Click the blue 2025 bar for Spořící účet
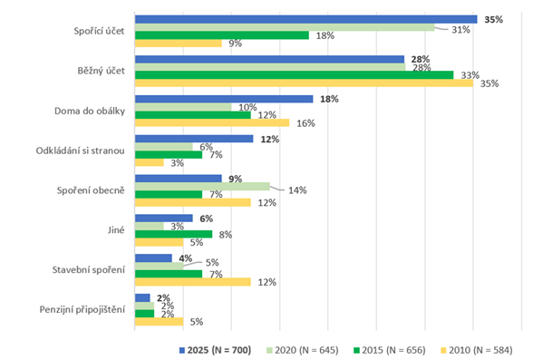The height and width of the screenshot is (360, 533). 305,19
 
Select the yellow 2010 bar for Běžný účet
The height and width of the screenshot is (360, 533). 304,83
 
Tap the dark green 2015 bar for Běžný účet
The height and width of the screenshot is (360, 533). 294,74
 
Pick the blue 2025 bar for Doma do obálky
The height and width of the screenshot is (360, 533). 223,99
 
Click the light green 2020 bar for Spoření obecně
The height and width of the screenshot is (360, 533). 201,186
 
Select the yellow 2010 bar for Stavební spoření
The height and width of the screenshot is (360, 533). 192,281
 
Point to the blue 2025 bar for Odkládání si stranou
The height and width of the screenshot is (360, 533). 193,139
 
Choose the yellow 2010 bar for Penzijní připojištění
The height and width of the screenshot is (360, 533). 159,321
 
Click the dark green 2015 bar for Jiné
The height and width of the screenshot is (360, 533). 173,234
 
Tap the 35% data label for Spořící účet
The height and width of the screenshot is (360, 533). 493,19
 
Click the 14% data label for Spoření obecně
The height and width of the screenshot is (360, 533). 297,190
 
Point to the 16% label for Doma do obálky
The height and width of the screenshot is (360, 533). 305,123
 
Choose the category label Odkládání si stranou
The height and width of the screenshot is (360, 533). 85,150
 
